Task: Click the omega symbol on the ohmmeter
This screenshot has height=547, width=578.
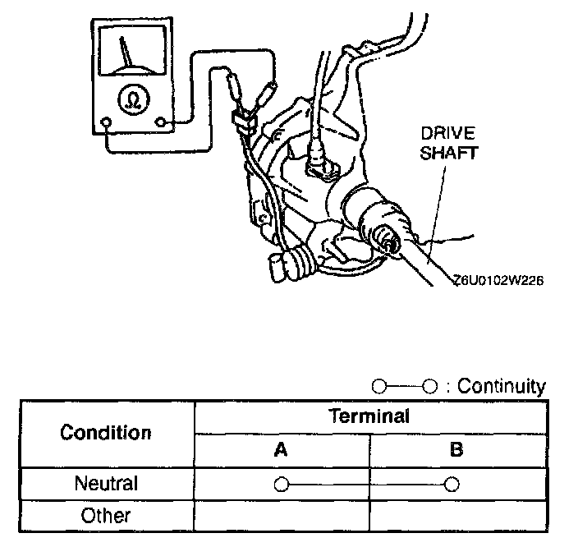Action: [129, 100]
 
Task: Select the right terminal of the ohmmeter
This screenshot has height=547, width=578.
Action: [161, 124]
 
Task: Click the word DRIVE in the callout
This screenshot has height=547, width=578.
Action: [447, 133]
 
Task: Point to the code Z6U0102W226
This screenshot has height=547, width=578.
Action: [498, 279]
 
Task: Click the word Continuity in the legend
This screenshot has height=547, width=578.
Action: [501, 385]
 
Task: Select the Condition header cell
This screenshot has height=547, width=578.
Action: [106, 433]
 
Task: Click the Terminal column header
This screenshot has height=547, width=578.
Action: [369, 416]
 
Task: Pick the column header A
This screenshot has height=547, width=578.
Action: [281, 450]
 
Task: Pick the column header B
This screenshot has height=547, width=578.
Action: [457, 450]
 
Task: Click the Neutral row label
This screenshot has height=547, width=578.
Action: [106, 484]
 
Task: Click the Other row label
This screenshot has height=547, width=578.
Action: [106, 516]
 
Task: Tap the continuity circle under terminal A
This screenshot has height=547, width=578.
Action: [281, 484]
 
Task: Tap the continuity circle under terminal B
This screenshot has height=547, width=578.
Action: [450, 484]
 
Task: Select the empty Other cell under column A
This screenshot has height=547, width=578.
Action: [281, 516]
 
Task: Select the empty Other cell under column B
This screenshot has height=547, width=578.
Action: [457, 516]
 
